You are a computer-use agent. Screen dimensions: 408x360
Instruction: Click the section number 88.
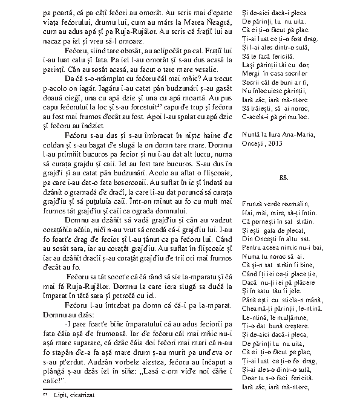pos(284,178)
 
